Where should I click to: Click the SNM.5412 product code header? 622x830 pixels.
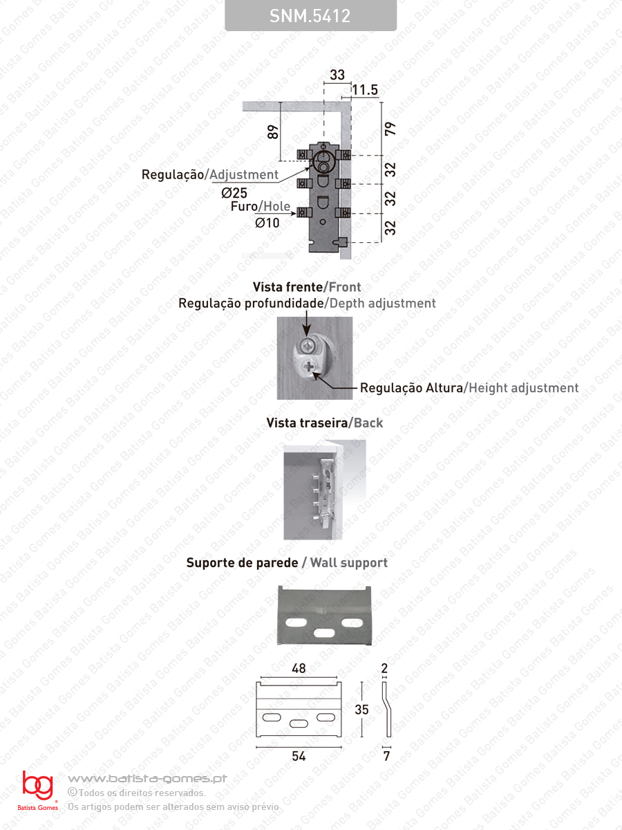(310, 16)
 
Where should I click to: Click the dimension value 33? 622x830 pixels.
(337, 75)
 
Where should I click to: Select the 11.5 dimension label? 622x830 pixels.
(365, 90)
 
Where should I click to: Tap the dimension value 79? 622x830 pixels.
(390, 129)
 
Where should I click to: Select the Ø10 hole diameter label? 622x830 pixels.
(267, 223)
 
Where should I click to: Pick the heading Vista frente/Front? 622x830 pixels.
(307, 286)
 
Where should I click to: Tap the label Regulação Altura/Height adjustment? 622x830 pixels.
(469, 388)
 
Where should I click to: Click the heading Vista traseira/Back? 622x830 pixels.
(325, 423)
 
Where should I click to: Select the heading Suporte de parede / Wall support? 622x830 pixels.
(287, 563)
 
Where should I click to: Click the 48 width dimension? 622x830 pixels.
(299, 668)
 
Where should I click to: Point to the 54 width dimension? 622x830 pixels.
(299, 756)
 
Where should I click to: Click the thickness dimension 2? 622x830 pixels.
(385, 668)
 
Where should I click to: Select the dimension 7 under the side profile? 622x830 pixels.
(386, 756)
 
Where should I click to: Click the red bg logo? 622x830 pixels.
(37, 786)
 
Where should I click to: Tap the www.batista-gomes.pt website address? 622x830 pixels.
(148, 779)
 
